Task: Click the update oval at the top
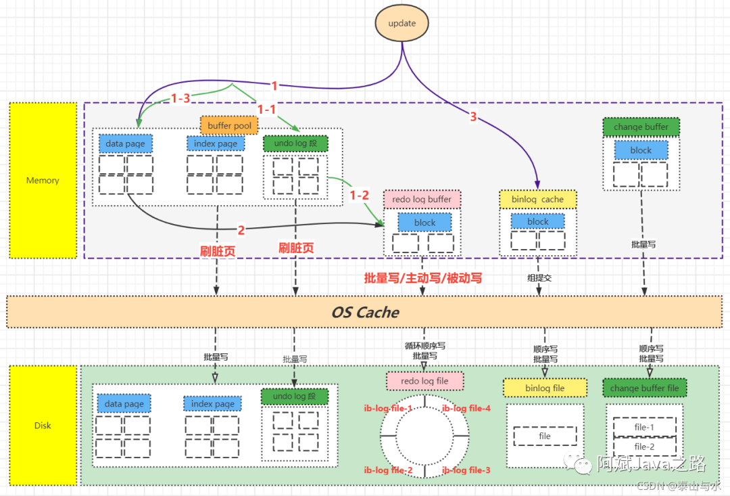[401, 24]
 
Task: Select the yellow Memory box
[43, 181]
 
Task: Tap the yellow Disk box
[43, 426]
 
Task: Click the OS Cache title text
[364, 312]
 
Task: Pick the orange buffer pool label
[229, 126]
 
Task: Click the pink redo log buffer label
[422, 200]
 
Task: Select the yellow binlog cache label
[537, 200]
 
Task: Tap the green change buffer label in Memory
[641, 127]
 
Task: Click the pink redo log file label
[424, 381]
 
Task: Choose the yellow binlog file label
[545, 388]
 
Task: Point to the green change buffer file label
[644, 388]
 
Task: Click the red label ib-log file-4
[466, 409]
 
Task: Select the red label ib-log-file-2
[388, 470]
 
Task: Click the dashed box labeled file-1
[644, 428]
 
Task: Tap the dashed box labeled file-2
[644, 447]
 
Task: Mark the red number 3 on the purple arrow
[473, 117]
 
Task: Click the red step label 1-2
[360, 195]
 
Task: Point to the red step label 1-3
[180, 99]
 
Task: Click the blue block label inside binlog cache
[538, 221]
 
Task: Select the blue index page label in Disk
[212, 404]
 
